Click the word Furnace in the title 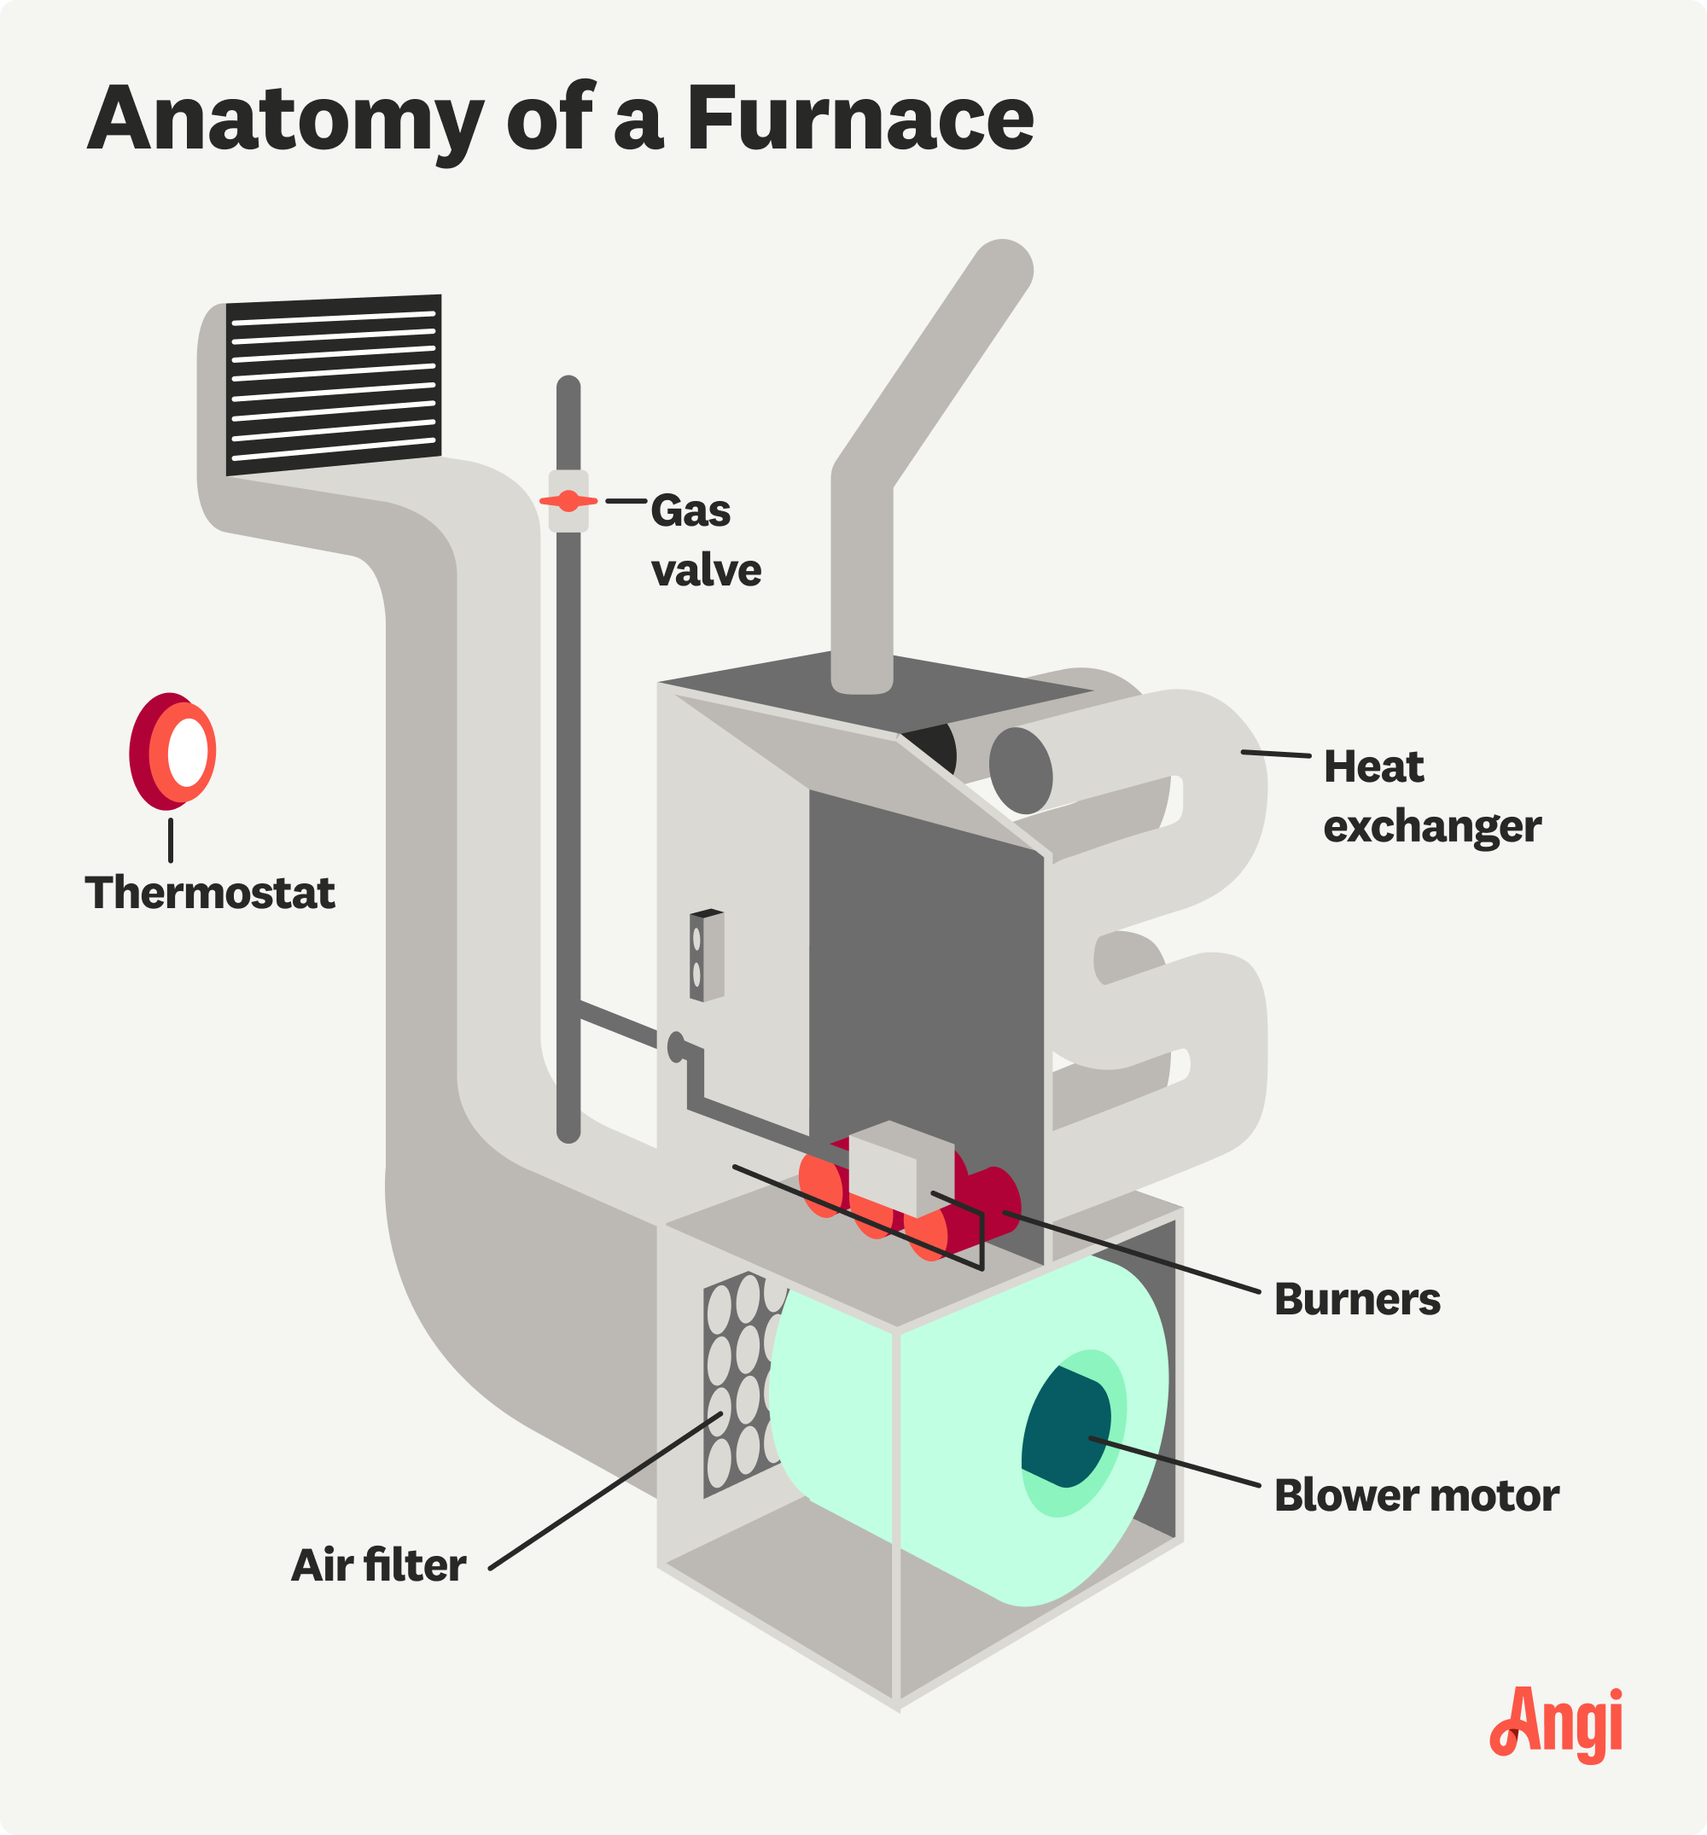pos(859,120)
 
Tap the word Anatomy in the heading pos(285,120)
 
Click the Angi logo pos(1556,1722)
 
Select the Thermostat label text pos(210,894)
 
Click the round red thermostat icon pos(173,751)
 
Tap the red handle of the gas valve pos(568,500)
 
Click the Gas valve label pos(704,541)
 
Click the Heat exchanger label pos(1431,796)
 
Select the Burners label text pos(1356,1300)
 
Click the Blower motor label pos(1415,1495)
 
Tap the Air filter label pos(378,1565)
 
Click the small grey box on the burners pos(900,1168)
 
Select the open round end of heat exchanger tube pos(1020,771)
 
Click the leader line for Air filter pos(604,1490)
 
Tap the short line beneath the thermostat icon pos(171,840)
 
